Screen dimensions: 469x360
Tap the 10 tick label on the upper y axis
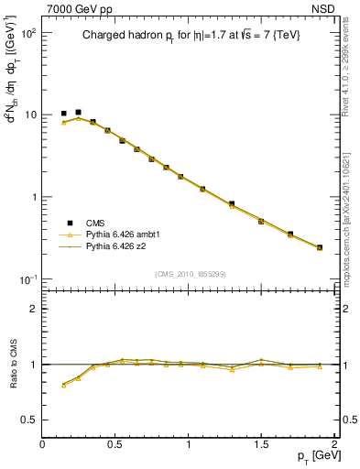[x=31, y=115]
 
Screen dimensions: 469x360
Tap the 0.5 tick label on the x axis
[x=115, y=444]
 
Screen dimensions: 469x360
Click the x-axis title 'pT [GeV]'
[x=311, y=455]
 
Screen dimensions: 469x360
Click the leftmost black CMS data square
[x=64, y=114]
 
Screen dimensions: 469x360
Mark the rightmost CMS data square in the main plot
[x=319, y=247]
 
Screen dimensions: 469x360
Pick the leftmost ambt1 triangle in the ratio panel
[x=64, y=386]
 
